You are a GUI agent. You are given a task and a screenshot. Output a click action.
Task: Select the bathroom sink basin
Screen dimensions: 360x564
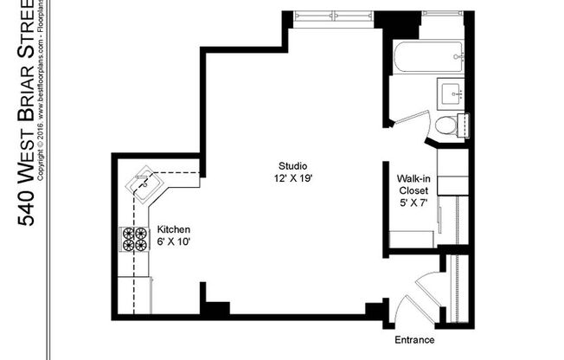(452, 91)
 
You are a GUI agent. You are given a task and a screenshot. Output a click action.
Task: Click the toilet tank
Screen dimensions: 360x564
(465, 125)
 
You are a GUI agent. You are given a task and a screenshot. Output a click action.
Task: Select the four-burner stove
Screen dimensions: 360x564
(134, 239)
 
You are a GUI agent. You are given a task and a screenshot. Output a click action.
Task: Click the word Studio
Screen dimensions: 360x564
(293, 166)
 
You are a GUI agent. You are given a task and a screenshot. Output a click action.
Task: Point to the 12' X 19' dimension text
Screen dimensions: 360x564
(293, 178)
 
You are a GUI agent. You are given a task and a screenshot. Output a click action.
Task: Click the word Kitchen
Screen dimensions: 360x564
(173, 230)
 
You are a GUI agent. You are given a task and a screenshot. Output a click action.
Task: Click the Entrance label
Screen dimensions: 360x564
(413, 339)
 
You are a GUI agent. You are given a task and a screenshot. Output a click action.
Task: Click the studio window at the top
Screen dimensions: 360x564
(332, 16)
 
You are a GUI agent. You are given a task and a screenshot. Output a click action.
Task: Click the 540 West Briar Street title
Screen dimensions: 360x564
(26, 112)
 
